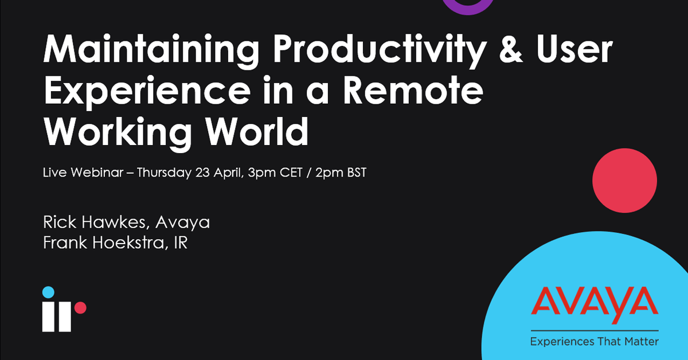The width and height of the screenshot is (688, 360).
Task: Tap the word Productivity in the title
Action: click(380, 50)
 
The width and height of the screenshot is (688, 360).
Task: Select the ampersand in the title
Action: click(511, 49)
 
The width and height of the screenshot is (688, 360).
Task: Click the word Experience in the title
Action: click(147, 92)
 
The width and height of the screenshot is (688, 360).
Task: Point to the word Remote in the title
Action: click(413, 91)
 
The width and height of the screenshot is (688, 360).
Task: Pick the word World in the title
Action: click(257, 132)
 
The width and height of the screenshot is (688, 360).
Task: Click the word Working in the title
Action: click(118, 134)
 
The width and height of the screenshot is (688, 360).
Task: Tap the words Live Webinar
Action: click(83, 173)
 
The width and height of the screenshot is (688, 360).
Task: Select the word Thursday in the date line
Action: click(164, 173)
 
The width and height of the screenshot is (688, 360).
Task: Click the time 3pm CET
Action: click(275, 173)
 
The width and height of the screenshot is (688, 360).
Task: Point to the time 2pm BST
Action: click(341, 173)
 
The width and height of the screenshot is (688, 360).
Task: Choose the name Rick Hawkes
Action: click(94, 222)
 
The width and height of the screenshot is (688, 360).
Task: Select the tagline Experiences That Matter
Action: click(595, 342)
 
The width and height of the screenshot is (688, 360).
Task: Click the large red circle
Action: click(625, 181)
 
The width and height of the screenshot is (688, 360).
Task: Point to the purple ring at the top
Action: click(468, 11)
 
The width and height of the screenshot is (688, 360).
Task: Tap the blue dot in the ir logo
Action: click(48, 292)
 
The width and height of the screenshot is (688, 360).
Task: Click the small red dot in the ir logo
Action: click(80, 308)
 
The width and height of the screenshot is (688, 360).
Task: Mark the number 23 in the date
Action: click(203, 173)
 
